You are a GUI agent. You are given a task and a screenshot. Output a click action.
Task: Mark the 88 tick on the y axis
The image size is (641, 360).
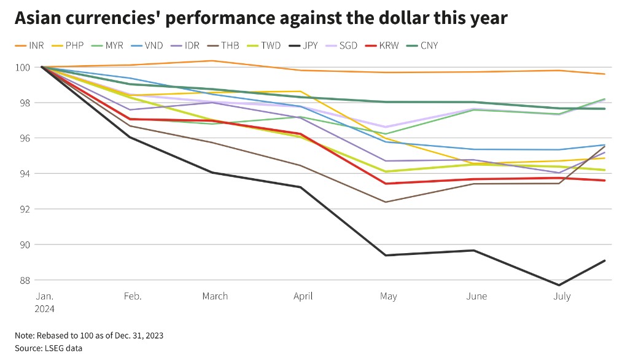(24, 280)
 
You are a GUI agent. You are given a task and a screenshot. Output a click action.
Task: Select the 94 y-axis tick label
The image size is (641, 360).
(24, 174)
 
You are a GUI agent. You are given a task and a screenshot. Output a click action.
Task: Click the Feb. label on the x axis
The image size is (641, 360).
(133, 296)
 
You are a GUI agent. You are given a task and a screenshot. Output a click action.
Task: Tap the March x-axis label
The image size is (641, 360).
(215, 296)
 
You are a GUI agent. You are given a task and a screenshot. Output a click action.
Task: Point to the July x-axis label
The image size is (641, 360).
(562, 296)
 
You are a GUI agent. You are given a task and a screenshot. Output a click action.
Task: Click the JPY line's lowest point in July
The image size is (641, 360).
(559, 285)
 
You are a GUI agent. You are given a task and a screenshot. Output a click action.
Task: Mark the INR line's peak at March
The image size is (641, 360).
(212, 60)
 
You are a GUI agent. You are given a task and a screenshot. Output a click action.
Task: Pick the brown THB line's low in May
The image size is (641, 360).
(386, 202)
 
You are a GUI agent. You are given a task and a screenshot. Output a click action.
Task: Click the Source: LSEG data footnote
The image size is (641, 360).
(49, 348)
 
